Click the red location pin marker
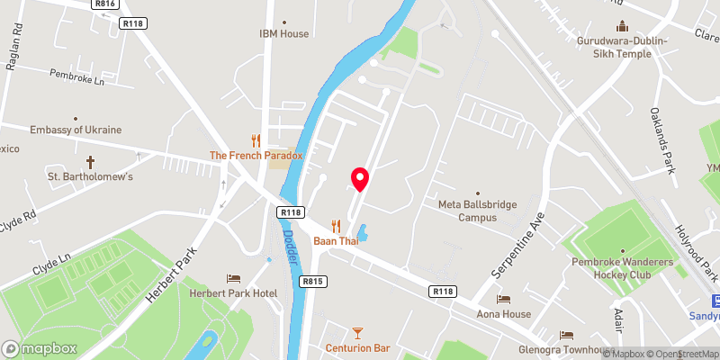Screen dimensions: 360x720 click(360, 179)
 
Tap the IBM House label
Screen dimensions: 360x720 click(283, 34)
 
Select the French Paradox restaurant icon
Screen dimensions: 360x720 click(256, 140)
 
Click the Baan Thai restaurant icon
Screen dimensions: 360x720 click(337, 225)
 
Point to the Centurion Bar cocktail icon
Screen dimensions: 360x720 click(357, 332)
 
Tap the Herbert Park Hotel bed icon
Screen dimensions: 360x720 click(233, 278)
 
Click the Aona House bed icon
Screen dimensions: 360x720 click(503, 299)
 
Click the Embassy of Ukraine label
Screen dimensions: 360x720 click(76, 130)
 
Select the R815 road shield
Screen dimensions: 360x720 click(312, 282)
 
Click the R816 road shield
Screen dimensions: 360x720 click(105, 4)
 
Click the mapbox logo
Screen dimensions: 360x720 click(39, 348)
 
